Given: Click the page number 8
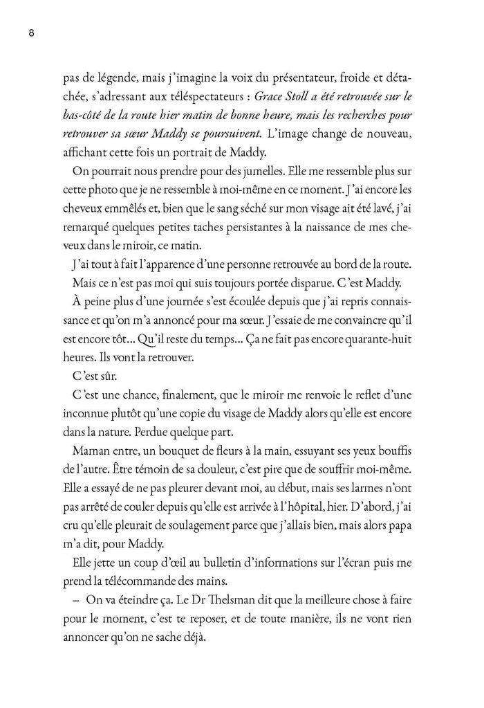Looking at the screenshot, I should click(x=31, y=33).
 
